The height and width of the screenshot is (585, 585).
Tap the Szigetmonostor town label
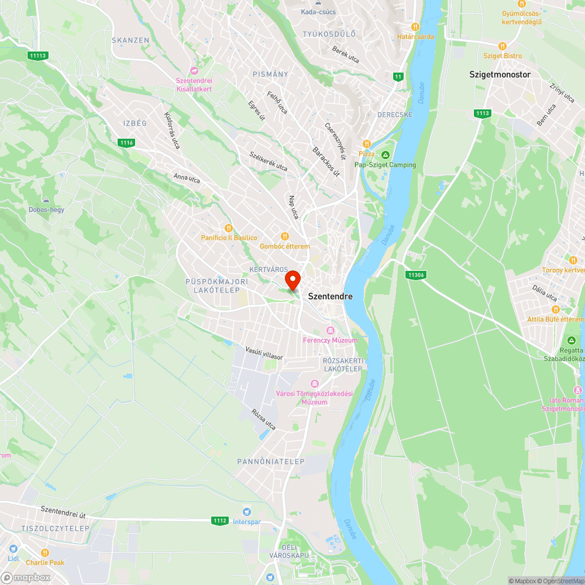[500, 74]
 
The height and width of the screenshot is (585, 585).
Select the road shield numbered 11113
[37, 56]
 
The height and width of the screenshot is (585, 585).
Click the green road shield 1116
[126, 143]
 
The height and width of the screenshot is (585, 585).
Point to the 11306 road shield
[415, 274]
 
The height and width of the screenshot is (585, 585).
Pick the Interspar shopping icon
[246, 511]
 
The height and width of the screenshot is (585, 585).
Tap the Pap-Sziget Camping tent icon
[385, 155]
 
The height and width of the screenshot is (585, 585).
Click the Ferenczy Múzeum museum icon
[330, 331]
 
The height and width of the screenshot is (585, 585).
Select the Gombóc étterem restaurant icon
[284, 236]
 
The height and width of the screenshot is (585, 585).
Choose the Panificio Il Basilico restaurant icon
[229, 228]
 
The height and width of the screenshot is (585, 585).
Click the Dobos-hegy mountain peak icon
[46, 200]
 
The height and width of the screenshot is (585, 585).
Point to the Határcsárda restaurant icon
[415, 27]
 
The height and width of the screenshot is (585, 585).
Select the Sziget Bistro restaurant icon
[502, 46]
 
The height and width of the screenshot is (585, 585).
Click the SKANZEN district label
[130, 40]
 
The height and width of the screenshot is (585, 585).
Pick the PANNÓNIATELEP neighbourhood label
[271, 462]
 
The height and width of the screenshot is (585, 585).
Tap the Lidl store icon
[13, 549]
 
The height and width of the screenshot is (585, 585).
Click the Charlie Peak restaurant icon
[45, 553]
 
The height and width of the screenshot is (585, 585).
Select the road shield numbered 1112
[220, 520]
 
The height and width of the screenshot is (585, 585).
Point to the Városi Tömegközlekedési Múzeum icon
[315, 384]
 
